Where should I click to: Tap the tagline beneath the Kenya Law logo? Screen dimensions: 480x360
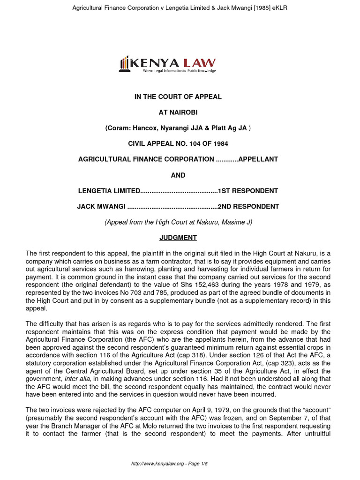pyautogui.click(x=179, y=71)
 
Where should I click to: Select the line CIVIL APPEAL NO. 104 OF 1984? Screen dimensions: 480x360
pyautogui.click(x=178, y=143)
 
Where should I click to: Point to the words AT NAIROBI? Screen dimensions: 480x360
pyautogui.click(x=178, y=112)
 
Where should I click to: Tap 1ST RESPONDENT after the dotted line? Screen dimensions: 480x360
pyautogui.click(x=248, y=191)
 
